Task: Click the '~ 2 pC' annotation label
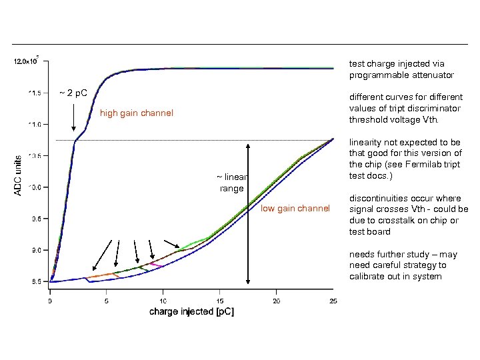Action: point(73,92)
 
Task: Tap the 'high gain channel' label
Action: point(136,113)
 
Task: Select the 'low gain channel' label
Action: point(295,209)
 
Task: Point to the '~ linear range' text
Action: point(232,183)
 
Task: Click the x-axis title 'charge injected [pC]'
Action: point(191,311)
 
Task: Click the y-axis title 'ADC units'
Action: point(19,175)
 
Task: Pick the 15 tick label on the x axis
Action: point(220,301)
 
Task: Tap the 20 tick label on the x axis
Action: point(277,301)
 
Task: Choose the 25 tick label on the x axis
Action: point(333,301)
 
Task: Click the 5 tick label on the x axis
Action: point(107,301)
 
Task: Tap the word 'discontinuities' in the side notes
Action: point(379,198)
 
